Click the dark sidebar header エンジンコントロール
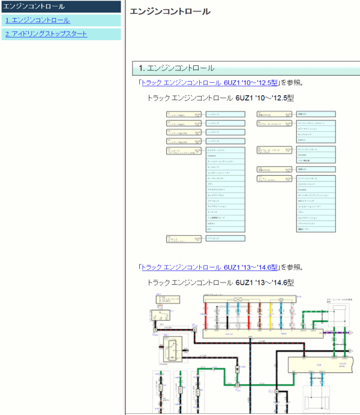click(34, 7)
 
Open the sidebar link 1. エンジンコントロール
click(37, 20)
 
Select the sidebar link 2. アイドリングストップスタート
click(46, 34)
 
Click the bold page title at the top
click(170, 11)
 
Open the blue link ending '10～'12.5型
click(210, 83)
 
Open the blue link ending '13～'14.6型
click(210, 267)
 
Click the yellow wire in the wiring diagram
click(271, 315)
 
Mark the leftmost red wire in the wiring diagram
click(206, 315)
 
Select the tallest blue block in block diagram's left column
click(225, 189)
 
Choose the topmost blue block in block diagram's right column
click(316, 113)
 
